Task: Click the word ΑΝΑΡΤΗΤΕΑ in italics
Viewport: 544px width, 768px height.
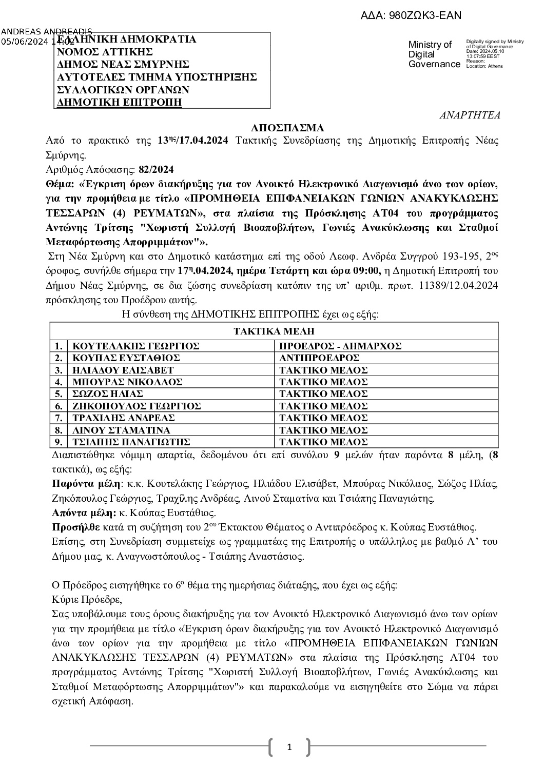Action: click(470, 115)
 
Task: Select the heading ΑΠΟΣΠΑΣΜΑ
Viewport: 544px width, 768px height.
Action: click(287, 128)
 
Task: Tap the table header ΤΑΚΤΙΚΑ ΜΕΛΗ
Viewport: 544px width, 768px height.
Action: click(274, 331)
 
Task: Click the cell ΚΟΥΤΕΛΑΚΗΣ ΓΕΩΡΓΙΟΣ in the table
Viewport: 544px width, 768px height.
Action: click(136, 346)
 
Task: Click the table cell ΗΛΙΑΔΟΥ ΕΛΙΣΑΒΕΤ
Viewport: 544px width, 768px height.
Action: click(123, 370)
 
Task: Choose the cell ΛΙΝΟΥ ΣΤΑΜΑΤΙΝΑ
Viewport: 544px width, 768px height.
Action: click(122, 430)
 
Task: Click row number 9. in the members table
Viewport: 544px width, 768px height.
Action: click(59, 442)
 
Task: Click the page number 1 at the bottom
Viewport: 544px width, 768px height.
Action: click(289, 747)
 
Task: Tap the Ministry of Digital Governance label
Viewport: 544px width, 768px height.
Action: click(434, 54)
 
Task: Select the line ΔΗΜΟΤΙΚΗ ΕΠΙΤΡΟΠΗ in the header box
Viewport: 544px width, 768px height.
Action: click(120, 102)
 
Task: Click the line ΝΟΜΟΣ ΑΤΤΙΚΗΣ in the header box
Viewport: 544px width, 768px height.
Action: click(105, 52)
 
